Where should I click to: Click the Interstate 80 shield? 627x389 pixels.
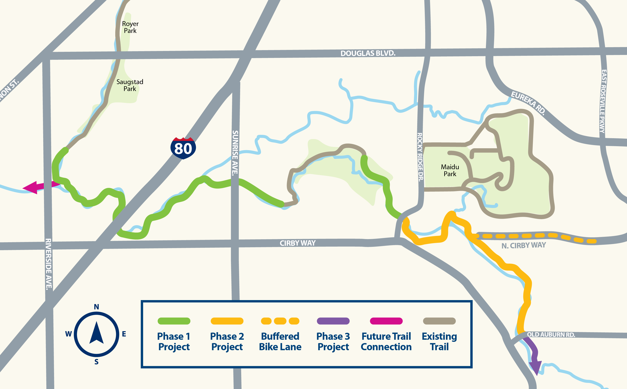pos(183,148)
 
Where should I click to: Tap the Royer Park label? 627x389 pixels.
pos(130,27)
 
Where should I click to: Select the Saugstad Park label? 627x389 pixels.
pos(130,85)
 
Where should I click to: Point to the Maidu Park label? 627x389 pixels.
pos(450,170)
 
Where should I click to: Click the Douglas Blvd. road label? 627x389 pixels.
pos(368,53)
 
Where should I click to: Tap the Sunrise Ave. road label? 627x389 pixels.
pos(235,153)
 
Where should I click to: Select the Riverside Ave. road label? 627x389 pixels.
pos(48,264)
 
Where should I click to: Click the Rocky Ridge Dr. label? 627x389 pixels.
pos(420,157)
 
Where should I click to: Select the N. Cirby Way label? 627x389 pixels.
pos(523,245)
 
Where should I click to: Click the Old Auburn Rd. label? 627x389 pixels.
pos(551,334)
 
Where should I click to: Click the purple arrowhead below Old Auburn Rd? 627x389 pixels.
pos(536,368)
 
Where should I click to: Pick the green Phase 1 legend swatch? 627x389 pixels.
pos(174,321)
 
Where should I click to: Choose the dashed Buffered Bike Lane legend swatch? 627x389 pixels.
pos(280,321)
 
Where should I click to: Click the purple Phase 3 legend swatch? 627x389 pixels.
pos(333,321)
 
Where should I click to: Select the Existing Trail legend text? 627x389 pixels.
pos(439,341)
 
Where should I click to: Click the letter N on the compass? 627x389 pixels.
pos(96,307)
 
